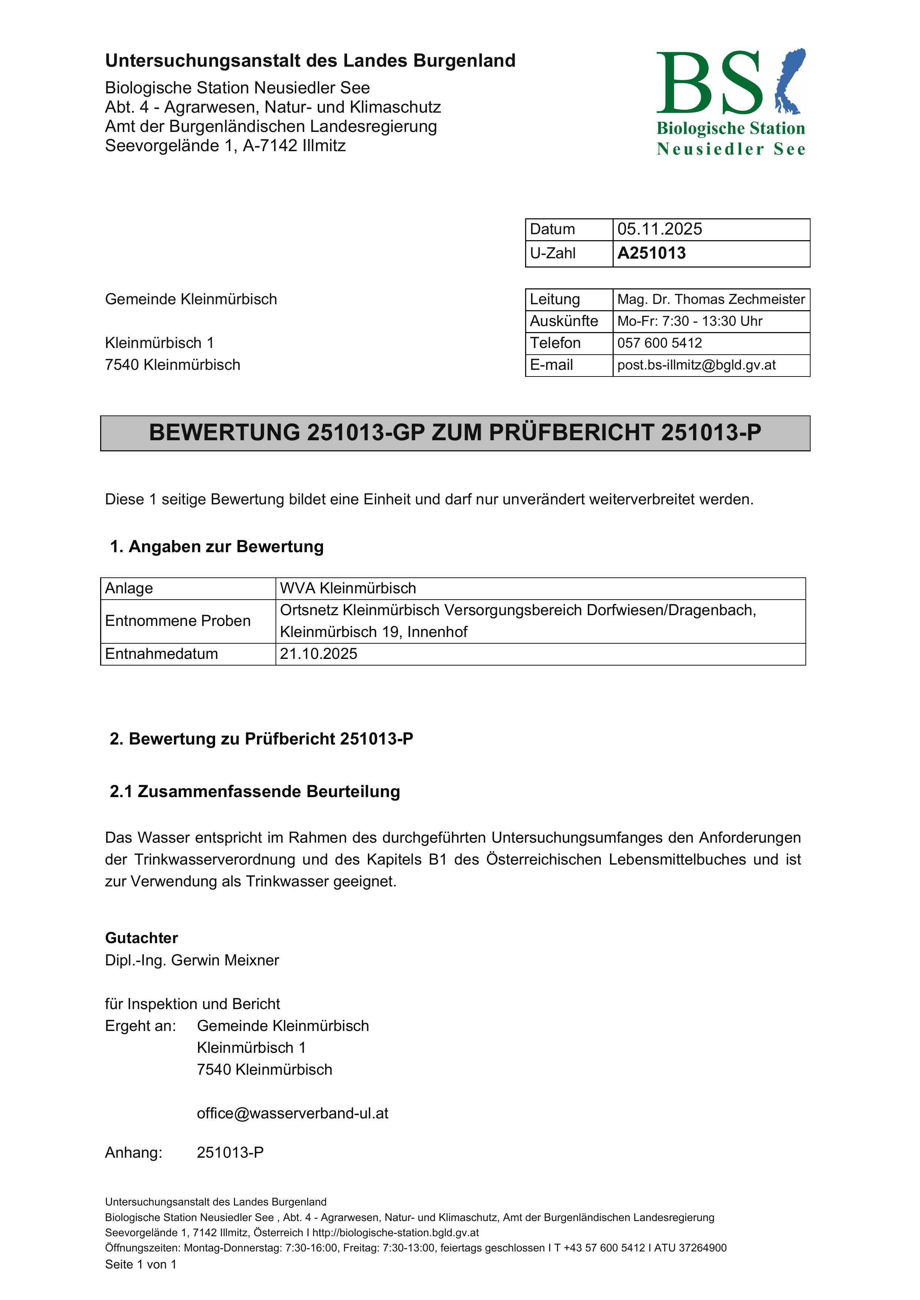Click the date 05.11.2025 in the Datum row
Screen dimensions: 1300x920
[x=659, y=229]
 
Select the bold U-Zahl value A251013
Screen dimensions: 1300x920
[x=652, y=253]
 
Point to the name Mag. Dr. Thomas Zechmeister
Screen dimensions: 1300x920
[x=711, y=299]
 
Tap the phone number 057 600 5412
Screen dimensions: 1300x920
[x=659, y=343]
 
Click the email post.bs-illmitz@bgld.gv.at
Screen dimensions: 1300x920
[x=696, y=365]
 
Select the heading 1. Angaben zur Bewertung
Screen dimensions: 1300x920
[x=217, y=547]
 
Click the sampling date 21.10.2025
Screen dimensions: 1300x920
[x=319, y=654]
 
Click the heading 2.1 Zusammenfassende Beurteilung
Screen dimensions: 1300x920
[x=255, y=792]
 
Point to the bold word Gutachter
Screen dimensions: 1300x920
[x=142, y=939]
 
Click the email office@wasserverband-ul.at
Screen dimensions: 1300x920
[x=292, y=1114]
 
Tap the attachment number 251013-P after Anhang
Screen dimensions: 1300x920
[x=230, y=1153]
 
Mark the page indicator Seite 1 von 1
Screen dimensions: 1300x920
[x=141, y=1265]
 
